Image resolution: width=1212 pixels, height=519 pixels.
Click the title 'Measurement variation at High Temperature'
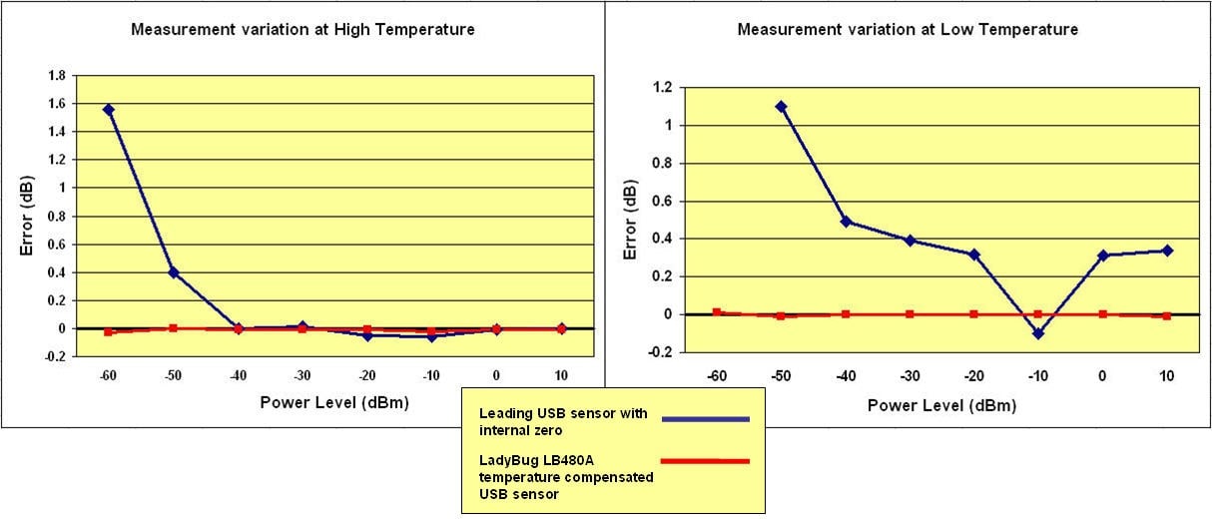[x=303, y=30]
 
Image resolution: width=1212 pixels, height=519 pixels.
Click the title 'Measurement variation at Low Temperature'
[x=908, y=30]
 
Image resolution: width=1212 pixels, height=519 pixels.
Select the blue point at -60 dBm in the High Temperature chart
[x=108, y=110]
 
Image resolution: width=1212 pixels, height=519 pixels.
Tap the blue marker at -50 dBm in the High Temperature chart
[x=173, y=272]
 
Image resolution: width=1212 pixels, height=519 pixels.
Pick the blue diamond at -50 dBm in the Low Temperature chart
[x=781, y=107]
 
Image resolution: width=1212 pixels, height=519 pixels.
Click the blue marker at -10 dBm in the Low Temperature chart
[x=1038, y=333]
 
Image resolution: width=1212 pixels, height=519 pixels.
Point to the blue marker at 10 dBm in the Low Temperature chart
[x=1166, y=251]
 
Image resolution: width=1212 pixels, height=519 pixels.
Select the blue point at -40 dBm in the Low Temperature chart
[x=846, y=222]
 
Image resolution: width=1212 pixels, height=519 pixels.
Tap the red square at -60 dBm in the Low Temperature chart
[x=716, y=312]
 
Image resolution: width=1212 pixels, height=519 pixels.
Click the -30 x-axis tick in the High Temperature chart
[x=302, y=378]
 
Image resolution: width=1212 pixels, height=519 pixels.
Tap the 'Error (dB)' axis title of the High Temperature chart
[x=27, y=217]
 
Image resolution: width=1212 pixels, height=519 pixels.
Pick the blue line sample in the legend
[x=706, y=420]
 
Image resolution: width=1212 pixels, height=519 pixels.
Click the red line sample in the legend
[x=706, y=461]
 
